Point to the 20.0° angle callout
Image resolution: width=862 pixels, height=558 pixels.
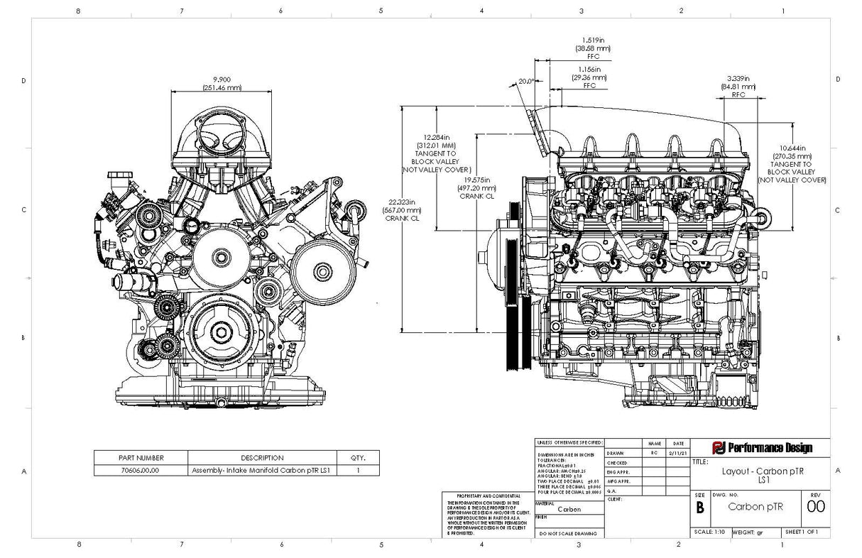[526, 82]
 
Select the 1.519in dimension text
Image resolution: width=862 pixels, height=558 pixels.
[592, 40]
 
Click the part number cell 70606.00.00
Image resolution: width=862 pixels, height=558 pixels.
[141, 470]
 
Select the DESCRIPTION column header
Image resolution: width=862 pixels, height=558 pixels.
[262, 458]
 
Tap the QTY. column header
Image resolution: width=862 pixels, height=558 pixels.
[358, 458]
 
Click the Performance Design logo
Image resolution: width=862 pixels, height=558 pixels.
[761, 447]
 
